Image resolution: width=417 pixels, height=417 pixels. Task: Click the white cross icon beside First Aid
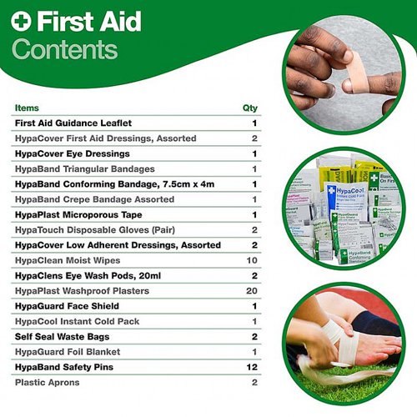coord(21,21)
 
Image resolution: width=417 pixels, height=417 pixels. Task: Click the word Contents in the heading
coord(65,49)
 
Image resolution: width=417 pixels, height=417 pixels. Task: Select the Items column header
coord(27,108)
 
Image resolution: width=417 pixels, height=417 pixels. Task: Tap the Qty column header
coord(250,108)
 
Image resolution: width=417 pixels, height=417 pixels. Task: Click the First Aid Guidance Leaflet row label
coord(73,123)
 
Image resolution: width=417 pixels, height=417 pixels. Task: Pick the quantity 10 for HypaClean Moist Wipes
coord(252,260)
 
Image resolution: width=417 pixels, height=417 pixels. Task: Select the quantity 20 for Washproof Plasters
coord(252,291)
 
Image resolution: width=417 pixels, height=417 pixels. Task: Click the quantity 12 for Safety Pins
coord(252,367)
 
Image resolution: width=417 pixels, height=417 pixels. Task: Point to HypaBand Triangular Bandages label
coord(85,169)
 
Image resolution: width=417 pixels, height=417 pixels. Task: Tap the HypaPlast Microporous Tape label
coord(78,214)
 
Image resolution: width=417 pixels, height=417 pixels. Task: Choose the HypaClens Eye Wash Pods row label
coord(88,276)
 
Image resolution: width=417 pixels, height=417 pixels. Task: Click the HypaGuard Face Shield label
coord(67,306)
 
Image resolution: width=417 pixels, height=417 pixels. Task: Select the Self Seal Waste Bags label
coord(62,337)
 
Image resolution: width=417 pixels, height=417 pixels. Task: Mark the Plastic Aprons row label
coord(48,383)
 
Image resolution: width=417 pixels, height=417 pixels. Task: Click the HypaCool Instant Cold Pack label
coord(77,321)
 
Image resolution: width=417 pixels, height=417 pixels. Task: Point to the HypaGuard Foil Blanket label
coord(68,352)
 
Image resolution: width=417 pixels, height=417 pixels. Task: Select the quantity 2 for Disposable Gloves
coord(254,230)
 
